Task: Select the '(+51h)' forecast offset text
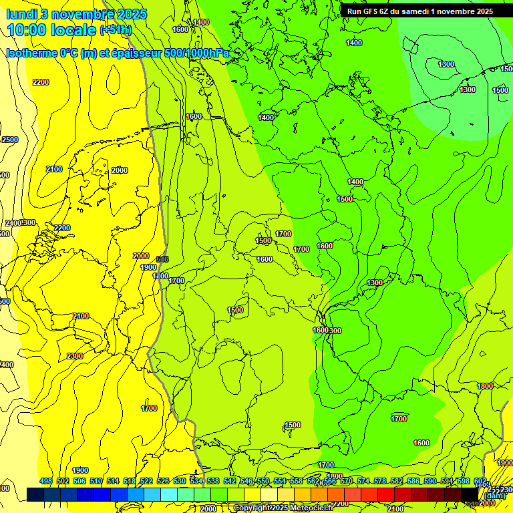[x=115, y=30]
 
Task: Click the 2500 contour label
[x=10, y=140]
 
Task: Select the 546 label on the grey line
[x=162, y=259]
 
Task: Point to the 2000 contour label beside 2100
[x=120, y=170]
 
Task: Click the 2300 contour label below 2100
[x=75, y=356]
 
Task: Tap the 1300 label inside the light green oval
[x=446, y=64]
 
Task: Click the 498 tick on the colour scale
[x=46, y=481]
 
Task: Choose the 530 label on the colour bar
[x=180, y=481]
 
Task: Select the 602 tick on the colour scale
[x=480, y=481]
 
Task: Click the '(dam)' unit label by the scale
[x=496, y=495]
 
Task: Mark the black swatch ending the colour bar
[x=470, y=494]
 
